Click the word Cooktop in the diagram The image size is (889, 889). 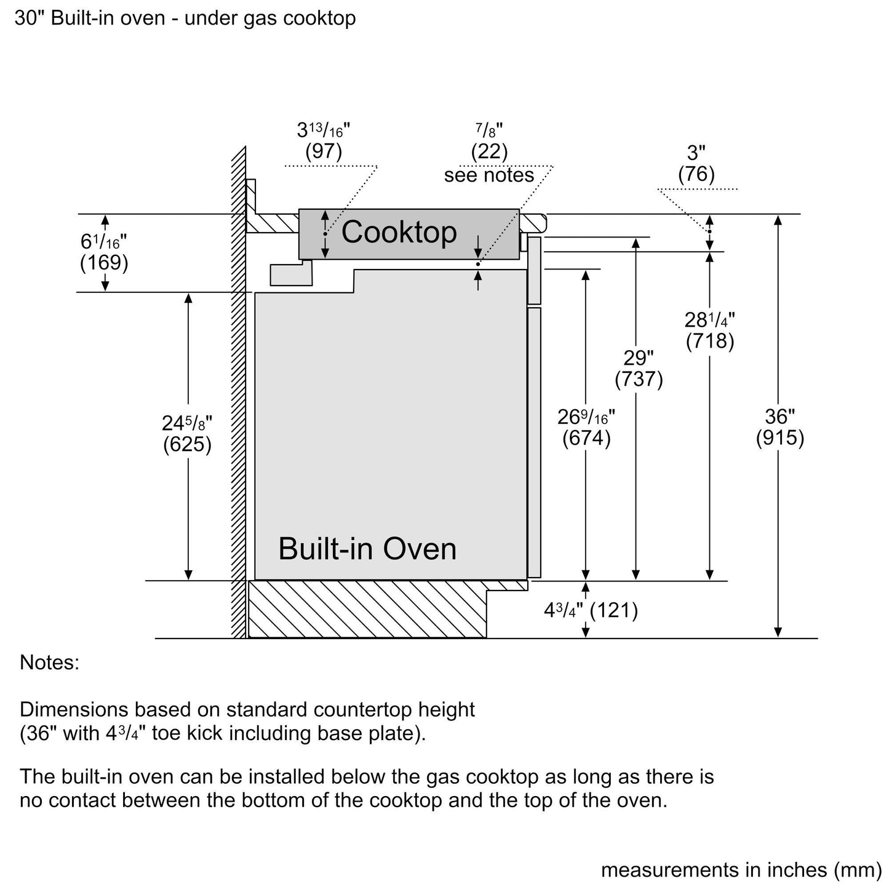(x=399, y=231)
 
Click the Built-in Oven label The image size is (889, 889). (x=367, y=549)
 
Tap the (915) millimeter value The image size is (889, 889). (x=779, y=437)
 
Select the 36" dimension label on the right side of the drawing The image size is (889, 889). (x=779, y=417)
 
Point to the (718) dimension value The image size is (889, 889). (x=709, y=341)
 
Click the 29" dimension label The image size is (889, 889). (x=639, y=358)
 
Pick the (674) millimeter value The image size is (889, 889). (x=586, y=438)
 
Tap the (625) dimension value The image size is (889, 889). (x=187, y=444)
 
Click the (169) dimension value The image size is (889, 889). (x=104, y=263)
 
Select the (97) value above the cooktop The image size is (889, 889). (x=324, y=151)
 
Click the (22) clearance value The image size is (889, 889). (x=489, y=151)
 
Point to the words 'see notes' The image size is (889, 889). (x=489, y=175)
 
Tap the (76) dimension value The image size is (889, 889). (x=696, y=174)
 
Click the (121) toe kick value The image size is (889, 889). (x=614, y=610)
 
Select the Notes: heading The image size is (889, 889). (x=50, y=663)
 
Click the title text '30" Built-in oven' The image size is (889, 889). (x=89, y=18)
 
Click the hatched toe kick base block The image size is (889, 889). (x=367, y=609)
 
